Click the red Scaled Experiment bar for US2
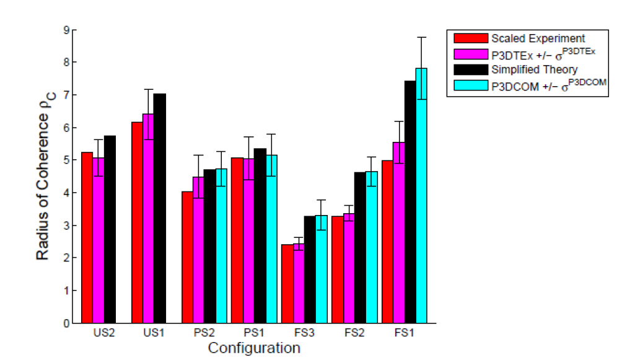coord(87,238)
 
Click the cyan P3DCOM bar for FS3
coord(321,269)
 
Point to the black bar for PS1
coord(260,236)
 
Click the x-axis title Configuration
coord(254,348)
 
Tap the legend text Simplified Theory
coord(534,69)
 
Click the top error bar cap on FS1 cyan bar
coord(421,38)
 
